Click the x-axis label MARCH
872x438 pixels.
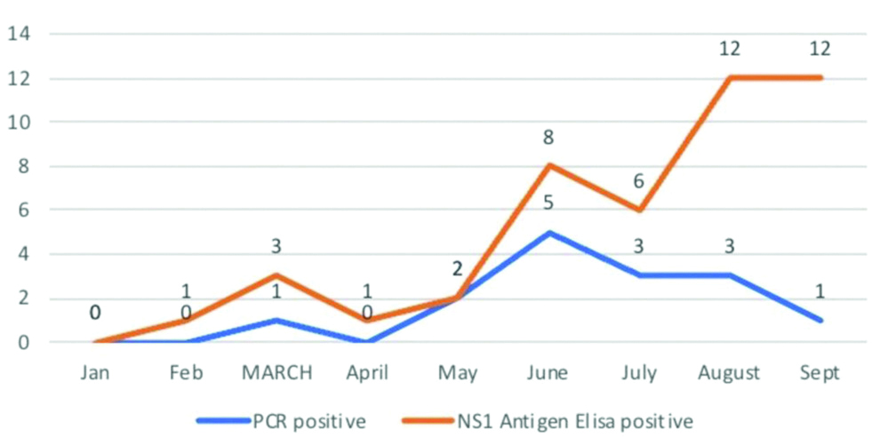276,373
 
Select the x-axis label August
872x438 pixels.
730,373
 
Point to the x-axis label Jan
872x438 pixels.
95,373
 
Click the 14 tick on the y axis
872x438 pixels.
19,35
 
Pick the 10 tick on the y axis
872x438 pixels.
19,123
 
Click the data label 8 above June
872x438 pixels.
548,138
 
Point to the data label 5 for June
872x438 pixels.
548,203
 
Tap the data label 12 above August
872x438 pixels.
730,49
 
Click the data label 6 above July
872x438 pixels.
639,181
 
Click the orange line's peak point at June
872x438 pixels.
548,165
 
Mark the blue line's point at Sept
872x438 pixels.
820,320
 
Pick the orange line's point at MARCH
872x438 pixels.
276,275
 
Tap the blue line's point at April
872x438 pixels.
367,341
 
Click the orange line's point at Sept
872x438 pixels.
820,78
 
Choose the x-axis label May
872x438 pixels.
458,373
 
